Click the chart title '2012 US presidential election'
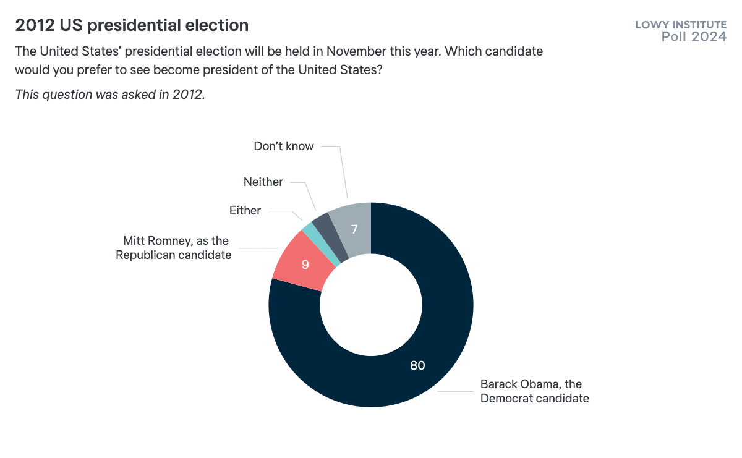(x=132, y=25)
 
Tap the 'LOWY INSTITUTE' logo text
(x=681, y=25)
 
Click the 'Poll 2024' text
(x=694, y=36)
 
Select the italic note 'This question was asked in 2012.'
(x=109, y=95)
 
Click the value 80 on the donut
(x=417, y=365)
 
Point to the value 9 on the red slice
(x=305, y=265)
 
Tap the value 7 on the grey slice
(x=354, y=229)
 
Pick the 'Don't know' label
(x=284, y=146)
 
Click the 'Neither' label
(x=263, y=182)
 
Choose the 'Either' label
(x=245, y=210)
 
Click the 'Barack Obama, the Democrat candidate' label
(x=534, y=391)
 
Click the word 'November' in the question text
(x=356, y=51)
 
